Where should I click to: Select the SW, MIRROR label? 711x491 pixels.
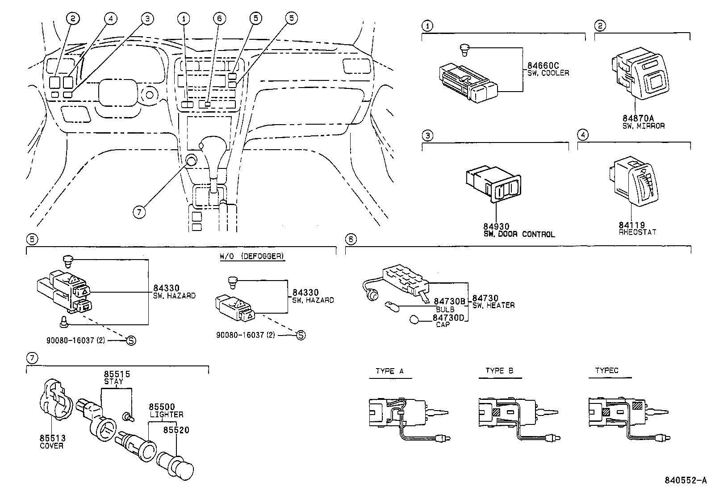643,126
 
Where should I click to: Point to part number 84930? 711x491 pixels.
496,227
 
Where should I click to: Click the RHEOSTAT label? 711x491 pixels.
637,232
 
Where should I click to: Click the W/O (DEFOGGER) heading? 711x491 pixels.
251,256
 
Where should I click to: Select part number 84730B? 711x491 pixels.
449,302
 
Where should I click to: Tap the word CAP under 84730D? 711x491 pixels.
443,325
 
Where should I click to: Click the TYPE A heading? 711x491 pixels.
390,371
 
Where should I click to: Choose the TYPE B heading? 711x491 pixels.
500,371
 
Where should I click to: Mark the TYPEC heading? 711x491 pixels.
607,371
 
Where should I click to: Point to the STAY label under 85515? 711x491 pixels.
113,382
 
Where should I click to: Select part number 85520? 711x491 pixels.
176,430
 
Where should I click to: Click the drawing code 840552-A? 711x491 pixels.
686,481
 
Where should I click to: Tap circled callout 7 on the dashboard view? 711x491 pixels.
139,212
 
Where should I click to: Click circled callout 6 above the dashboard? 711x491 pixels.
219,19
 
